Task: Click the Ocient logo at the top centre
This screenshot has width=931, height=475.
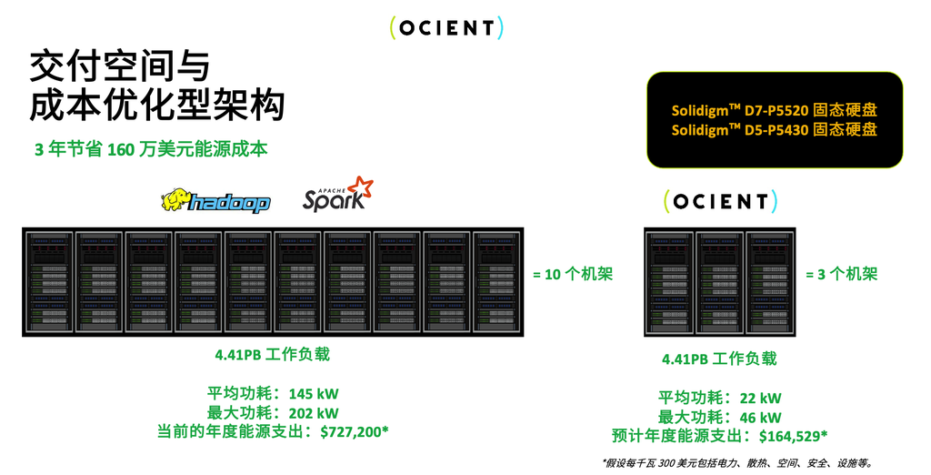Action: [x=446, y=28]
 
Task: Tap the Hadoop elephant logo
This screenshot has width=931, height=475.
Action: [x=215, y=199]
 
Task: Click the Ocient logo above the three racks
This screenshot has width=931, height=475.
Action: [x=720, y=201]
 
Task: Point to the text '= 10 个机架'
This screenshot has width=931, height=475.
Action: [x=572, y=274]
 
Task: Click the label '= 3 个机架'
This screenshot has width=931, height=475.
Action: [x=841, y=274]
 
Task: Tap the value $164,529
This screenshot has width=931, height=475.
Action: [x=793, y=435]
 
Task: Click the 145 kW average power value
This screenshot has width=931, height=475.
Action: [x=314, y=394]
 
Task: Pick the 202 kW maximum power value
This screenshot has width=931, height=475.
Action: [x=314, y=412]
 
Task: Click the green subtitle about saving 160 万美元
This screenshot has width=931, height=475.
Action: [x=151, y=149]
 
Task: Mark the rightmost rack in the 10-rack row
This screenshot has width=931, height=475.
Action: [x=496, y=280]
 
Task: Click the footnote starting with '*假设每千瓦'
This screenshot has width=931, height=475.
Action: [x=736, y=462]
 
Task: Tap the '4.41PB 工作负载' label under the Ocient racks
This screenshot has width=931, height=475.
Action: [x=719, y=359]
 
